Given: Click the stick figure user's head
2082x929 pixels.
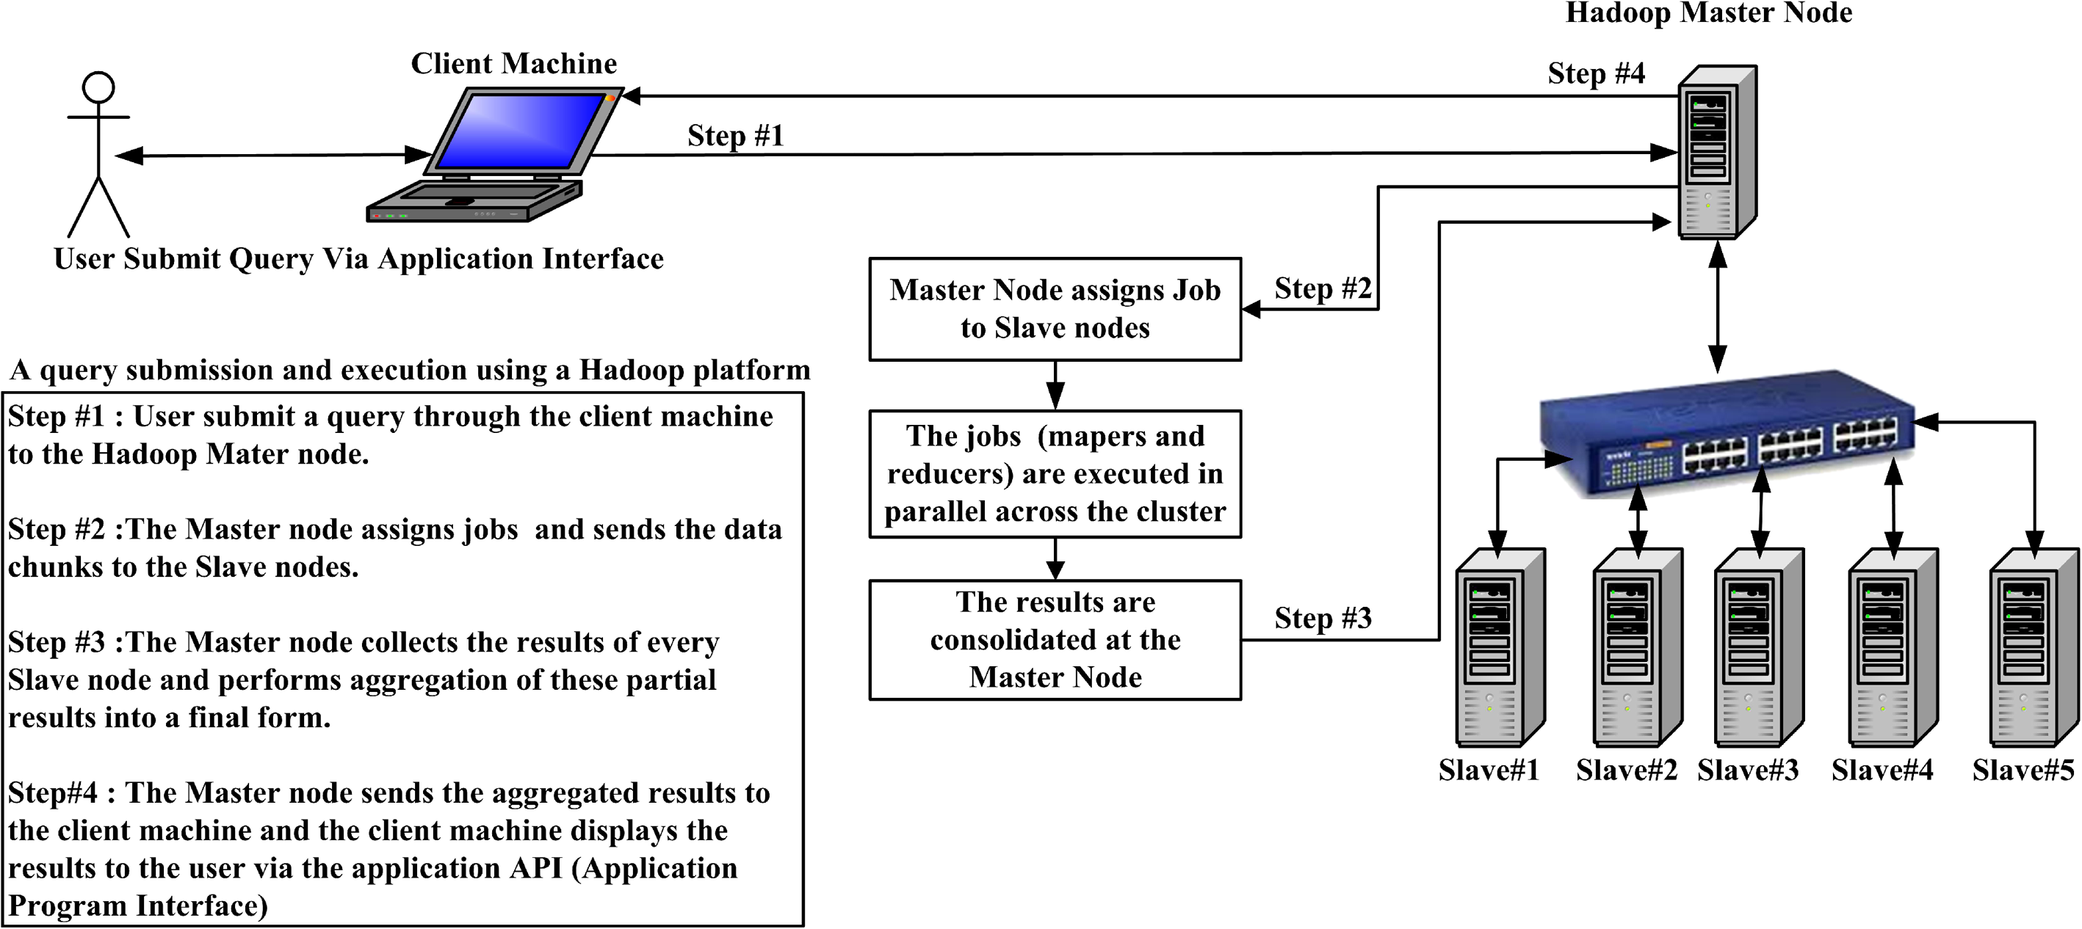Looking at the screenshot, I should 98,87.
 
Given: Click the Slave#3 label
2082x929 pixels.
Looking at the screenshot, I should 1747,770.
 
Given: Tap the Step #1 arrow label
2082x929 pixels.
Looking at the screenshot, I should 735,135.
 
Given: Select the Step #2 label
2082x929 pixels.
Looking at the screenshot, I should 1322,288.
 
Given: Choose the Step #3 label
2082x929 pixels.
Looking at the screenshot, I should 1322,618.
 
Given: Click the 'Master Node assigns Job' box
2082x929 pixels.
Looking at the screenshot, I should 1055,310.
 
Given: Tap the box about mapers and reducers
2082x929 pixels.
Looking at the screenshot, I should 1055,474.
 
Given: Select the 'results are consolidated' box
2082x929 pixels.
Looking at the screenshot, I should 1055,640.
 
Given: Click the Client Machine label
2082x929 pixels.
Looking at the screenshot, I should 513,63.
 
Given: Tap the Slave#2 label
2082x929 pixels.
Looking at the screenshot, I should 1626,770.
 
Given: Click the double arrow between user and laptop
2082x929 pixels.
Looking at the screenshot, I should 275,155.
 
